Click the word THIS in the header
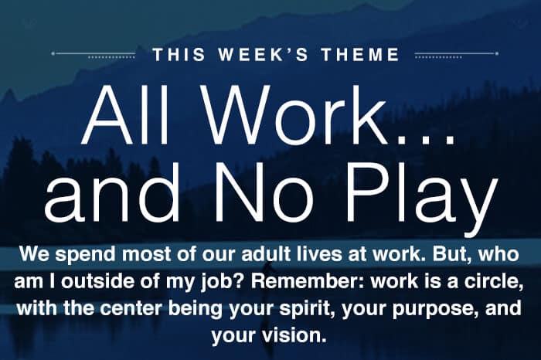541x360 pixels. tap(179, 55)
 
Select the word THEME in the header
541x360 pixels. tap(360, 55)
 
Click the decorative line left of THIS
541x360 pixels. tap(94, 54)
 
